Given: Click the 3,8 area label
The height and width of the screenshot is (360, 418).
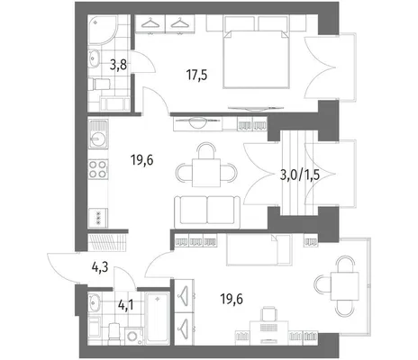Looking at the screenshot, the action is [x=118, y=65].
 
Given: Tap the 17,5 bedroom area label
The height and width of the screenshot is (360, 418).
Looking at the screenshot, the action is [x=197, y=75].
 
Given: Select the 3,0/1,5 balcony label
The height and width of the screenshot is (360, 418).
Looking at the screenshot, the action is [x=299, y=175].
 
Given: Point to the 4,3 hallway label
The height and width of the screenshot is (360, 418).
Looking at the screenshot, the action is [x=100, y=266].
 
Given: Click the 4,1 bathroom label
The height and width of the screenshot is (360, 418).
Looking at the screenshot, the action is [x=126, y=305].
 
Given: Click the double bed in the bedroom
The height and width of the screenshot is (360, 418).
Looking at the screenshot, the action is [x=257, y=58].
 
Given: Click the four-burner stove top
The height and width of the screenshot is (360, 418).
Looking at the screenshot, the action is [x=98, y=169].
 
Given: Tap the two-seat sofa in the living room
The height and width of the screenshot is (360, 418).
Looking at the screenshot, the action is [x=207, y=212].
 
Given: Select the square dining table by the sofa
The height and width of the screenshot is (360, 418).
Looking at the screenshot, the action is [x=206, y=173].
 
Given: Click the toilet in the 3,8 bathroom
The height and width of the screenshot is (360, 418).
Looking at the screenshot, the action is [x=99, y=85].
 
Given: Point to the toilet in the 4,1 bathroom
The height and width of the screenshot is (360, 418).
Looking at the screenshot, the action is [x=114, y=333].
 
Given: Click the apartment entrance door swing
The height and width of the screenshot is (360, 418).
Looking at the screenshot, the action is [x=61, y=267].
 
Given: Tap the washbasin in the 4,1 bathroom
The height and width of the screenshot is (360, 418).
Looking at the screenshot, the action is [x=94, y=303].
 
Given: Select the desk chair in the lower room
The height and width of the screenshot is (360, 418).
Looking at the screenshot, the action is [x=268, y=313].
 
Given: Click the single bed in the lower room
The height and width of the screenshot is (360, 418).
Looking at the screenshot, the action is [x=259, y=250].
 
